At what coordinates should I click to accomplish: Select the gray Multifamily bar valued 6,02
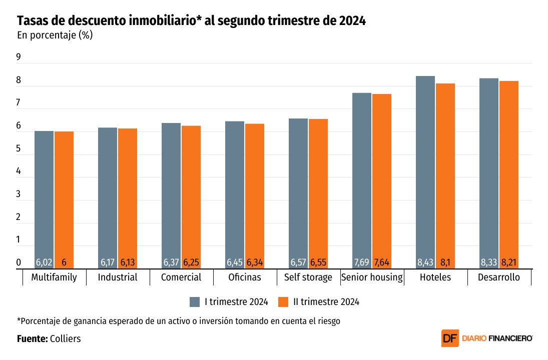[x=44, y=195]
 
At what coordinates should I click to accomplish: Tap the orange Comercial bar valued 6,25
[x=191, y=192]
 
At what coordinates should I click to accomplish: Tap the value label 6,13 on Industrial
[x=128, y=262]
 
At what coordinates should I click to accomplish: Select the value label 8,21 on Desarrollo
[x=508, y=262]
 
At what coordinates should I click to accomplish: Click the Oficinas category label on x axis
[x=244, y=277]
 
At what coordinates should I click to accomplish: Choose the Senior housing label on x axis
[x=372, y=277]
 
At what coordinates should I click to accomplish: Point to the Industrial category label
[x=118, y=277]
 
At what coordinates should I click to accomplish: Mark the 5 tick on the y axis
[x=19, y=149]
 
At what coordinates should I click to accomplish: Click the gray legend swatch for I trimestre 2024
[x=195, y=301]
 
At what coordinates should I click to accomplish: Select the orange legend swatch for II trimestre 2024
[x=284, y=301]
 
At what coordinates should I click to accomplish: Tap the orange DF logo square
[x=449, y=338]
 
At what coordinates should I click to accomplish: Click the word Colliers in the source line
[x=66, y=338]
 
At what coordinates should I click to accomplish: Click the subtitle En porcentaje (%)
[x=55, y=35]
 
